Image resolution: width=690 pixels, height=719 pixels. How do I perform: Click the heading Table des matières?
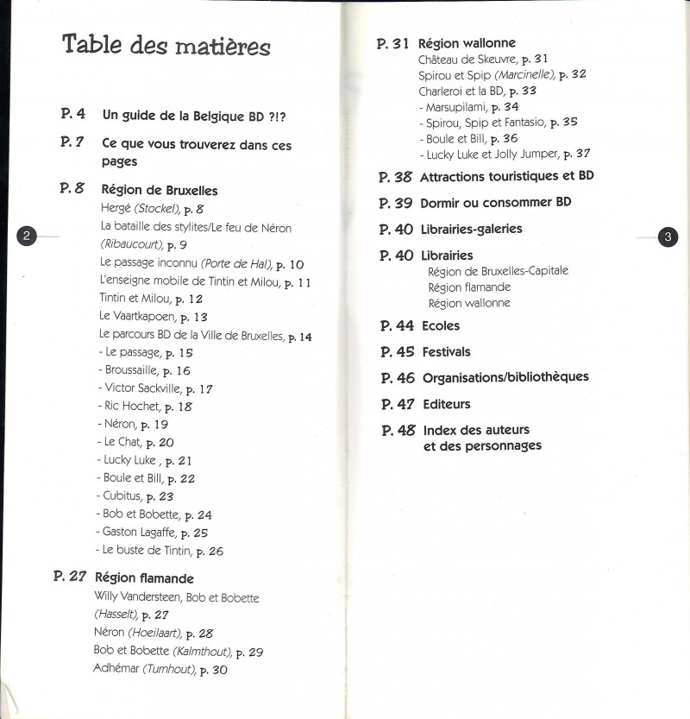tap(166, 46)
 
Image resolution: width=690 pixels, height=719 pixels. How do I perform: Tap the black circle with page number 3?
tap(667, 237)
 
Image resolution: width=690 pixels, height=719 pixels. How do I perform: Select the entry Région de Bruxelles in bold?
tap(160, 190)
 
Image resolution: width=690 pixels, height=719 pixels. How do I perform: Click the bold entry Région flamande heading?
tap(144, 578)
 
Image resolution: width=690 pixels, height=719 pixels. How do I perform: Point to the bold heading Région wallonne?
tap(467, 43)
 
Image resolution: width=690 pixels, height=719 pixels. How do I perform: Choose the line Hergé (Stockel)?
tap(151, 209)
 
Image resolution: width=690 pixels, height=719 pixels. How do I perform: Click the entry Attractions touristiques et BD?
tap(506, 176)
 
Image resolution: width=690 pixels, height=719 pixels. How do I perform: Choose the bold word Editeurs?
tap(446, 404)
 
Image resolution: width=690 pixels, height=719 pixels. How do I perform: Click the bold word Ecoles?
tap(441, 325)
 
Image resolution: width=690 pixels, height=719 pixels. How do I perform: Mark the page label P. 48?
tap(398, 430)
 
